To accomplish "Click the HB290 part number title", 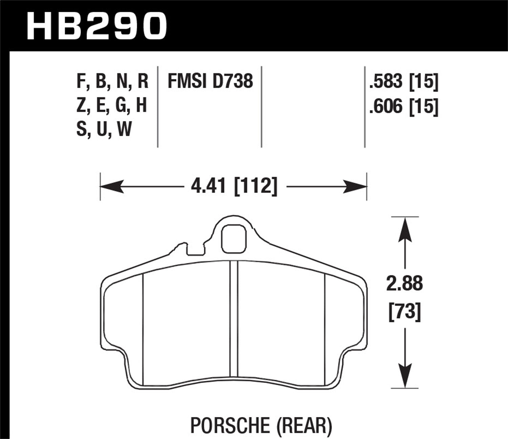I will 97,25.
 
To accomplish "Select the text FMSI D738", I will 210,82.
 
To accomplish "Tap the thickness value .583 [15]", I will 404,82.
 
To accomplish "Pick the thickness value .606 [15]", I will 404,106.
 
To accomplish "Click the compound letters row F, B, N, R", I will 112,82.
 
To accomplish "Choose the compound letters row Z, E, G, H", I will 111,105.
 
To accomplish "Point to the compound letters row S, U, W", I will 104,129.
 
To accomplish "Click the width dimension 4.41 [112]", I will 234,186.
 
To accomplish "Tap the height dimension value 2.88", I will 405,284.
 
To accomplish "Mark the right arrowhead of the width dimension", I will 356,187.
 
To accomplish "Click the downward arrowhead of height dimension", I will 405,376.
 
